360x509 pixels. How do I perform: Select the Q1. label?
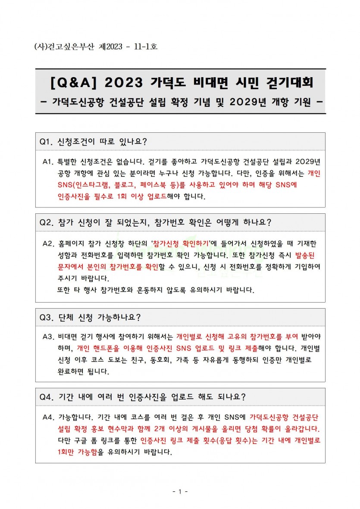tap(46, 141)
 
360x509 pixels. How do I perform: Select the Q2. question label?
tap(47, 222)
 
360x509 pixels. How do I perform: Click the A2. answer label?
tap(50, 243)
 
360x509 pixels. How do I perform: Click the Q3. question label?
tap(47, 318)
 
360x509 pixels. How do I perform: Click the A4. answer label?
tap(50, 417)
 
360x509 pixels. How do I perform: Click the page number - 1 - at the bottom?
tap(180, 491)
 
